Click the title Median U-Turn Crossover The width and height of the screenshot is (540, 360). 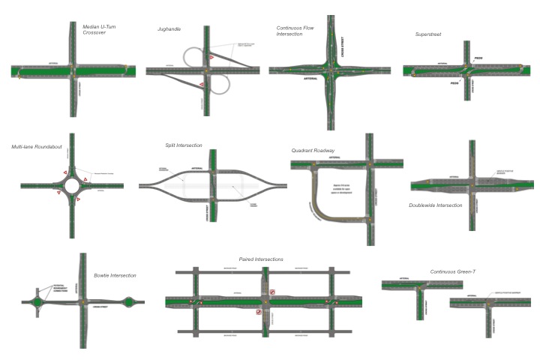tap(99, 31)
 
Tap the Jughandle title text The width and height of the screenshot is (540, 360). tap(169, 29)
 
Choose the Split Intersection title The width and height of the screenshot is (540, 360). tap(184, 145)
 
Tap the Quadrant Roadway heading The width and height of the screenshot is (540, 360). tap(313, 151)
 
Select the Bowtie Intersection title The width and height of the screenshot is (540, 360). tap(115, 275)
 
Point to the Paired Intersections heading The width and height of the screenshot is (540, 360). tap(261, 259)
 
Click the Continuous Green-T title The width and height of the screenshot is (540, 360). tap(453, 271)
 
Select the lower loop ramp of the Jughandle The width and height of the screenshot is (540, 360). tap(220, 85)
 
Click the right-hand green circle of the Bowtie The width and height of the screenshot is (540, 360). tap(127, 303)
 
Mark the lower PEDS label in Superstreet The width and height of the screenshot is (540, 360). tap(454, 83)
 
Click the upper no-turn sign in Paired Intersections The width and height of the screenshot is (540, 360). tap(274, 292)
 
